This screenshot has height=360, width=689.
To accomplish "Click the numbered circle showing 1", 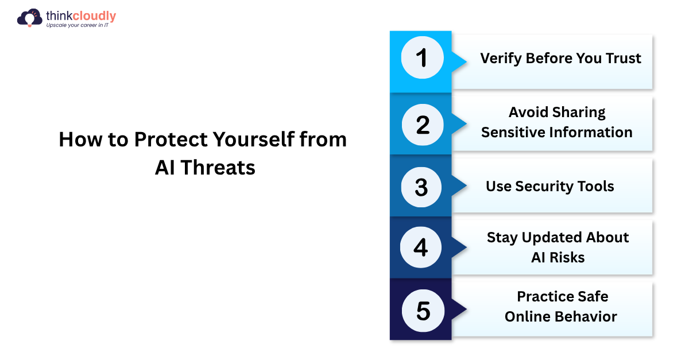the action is (423, 57).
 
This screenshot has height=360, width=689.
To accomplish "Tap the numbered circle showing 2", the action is (423, 125).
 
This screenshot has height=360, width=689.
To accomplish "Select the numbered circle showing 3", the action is (421, 187).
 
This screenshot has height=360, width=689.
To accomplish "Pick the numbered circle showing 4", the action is (421, 247).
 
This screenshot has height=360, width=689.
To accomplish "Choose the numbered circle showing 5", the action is (423, 311).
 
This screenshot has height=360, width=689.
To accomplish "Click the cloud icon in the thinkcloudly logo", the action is (29, 18).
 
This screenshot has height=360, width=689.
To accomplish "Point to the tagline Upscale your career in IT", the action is (77, 25).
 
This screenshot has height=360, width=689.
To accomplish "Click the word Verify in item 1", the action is (501, 59).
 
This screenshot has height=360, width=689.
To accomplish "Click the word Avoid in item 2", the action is (527, 113).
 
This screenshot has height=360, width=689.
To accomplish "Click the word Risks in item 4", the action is (568, 258).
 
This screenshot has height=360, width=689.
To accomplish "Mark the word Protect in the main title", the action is (171, 140).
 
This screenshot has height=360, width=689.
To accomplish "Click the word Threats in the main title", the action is (218, 168).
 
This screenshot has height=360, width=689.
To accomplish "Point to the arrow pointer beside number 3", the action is (459, 185).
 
